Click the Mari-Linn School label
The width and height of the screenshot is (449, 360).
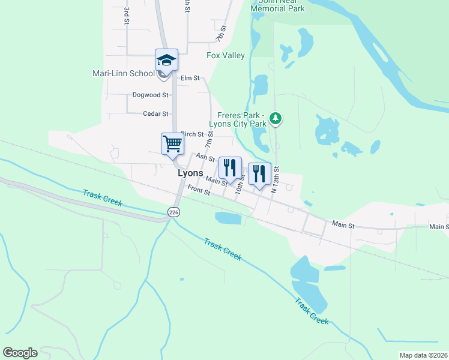(x=123, y=74)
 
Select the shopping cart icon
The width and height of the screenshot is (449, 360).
(x=172, y=144)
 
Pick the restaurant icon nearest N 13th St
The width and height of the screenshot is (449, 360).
(x=259, y=174)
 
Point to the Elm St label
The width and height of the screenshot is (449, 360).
(x=190, y=78)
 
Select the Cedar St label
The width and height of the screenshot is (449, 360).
(x=155, y=113)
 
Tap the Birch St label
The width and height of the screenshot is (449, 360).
(x=192, y=134)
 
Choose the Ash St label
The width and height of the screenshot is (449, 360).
(x=205, y=157)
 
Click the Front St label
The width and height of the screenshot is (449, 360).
(x=199, y=190)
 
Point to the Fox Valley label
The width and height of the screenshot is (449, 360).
(x=226, y=56)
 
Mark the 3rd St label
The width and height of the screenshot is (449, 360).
(x=127, y=16)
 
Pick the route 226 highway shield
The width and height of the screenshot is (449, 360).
(x=173, y=212)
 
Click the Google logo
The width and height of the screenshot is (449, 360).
(x=20, y=353)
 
